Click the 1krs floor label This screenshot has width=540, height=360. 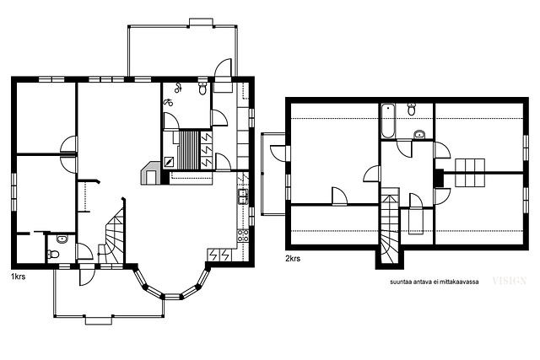click(18, 277)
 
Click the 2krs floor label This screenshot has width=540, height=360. click(293, 259)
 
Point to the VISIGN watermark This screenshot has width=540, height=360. click(510, 281)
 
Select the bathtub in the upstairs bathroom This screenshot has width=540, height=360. click(388, 121)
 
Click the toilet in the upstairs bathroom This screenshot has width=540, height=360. click(411, 109)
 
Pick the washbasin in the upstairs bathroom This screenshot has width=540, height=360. click(419, 134)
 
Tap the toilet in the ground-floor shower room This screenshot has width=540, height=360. click(202, 89)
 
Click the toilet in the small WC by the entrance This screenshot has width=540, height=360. click(53, 255)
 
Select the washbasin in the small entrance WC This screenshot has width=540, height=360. click(62, 239)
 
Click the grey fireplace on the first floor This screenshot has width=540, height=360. click(150, 173)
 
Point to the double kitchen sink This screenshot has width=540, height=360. click(243, 197)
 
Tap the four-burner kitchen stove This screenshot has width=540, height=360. click(243, 236)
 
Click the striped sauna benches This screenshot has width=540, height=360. click(189, 150)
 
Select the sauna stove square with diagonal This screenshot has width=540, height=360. click(169, 162)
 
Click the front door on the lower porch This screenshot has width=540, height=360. click(86, 275)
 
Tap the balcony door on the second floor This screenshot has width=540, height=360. click(279, 153)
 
